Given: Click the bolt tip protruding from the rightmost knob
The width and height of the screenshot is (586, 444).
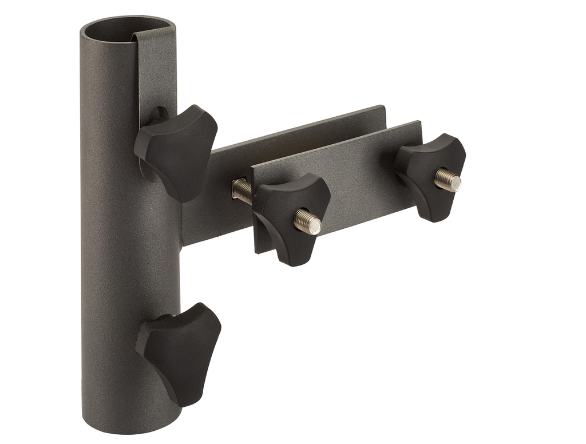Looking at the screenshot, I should (x=448, y=181).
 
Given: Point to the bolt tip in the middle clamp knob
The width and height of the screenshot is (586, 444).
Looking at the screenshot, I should (x=308, y=221).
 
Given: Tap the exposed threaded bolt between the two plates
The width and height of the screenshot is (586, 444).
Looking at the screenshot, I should (x=241, y=190).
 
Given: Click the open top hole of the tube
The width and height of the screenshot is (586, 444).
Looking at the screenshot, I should (x=127, y=29).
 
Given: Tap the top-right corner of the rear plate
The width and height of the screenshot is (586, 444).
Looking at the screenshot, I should (x=383, y=108).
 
